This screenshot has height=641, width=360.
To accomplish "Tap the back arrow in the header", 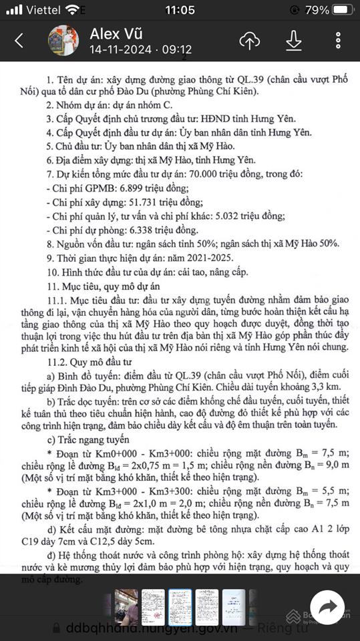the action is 19,41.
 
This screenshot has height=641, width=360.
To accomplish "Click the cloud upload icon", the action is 249,41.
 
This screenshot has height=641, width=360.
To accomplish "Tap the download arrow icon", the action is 293,41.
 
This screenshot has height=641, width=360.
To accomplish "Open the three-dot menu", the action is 339,41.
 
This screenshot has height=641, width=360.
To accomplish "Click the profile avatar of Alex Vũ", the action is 64,41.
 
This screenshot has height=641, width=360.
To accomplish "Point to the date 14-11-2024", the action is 120,50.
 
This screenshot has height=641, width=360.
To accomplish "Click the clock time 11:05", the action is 180,10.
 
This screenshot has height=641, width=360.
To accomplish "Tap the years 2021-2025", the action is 210,258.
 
